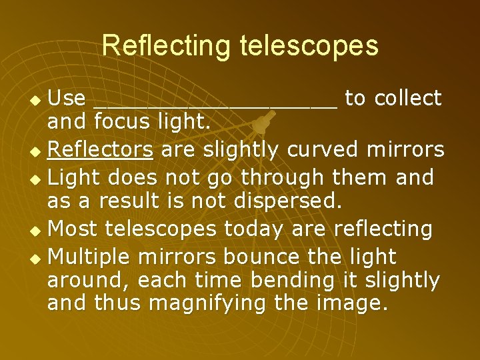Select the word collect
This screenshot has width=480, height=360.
coord(408,99)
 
